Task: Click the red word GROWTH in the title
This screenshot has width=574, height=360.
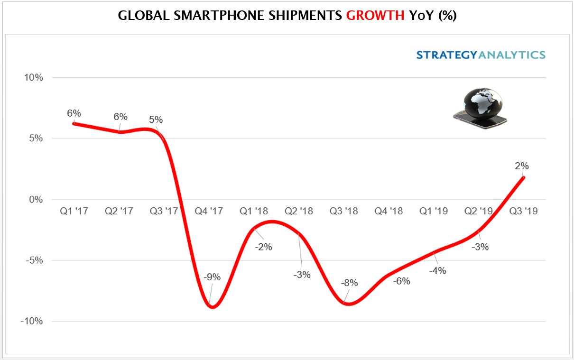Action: (x=375, y=15)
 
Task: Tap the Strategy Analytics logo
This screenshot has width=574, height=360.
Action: (x=481, y=55)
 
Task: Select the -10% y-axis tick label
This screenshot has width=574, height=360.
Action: (x=32, y=322)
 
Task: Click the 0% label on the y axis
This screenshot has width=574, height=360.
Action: (x=36, y=200)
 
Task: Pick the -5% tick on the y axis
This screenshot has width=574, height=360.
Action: (x=34, y=260)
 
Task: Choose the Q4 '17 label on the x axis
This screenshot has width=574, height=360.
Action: (x=209, y=211)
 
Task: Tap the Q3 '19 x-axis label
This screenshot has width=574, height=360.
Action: (x=523, y=211)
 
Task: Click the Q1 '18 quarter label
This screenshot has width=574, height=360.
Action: (x=254, y=211)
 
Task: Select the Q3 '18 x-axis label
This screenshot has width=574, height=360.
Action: (x=343, y=211)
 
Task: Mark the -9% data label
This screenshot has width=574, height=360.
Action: (x=212, y=277)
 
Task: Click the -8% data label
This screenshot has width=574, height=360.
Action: (x=349, y=284)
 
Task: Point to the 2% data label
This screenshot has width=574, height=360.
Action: (x=522, y=166)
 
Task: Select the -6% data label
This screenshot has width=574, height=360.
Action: (x=401, y=281)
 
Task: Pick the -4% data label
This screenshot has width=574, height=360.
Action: (x=437, y=271)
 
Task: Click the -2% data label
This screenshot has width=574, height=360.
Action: (x=263, y=247)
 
